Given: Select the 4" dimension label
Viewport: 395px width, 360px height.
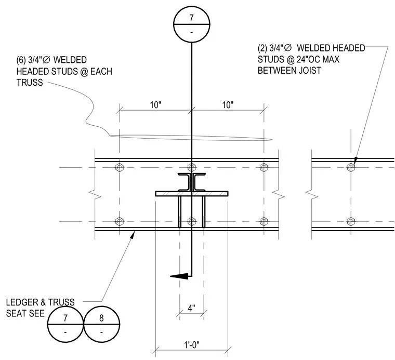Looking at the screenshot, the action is pos(191,308).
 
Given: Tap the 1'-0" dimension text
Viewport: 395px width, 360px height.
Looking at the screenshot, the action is pos(191,344).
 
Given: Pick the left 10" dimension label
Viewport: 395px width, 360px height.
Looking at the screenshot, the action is pos(156,105).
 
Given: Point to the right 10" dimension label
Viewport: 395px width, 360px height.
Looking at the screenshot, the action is pos(228,105).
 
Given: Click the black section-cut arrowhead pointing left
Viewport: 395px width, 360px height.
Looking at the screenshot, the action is pos(179,276).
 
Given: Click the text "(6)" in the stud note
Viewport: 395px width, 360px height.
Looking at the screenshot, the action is pos(21,60).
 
